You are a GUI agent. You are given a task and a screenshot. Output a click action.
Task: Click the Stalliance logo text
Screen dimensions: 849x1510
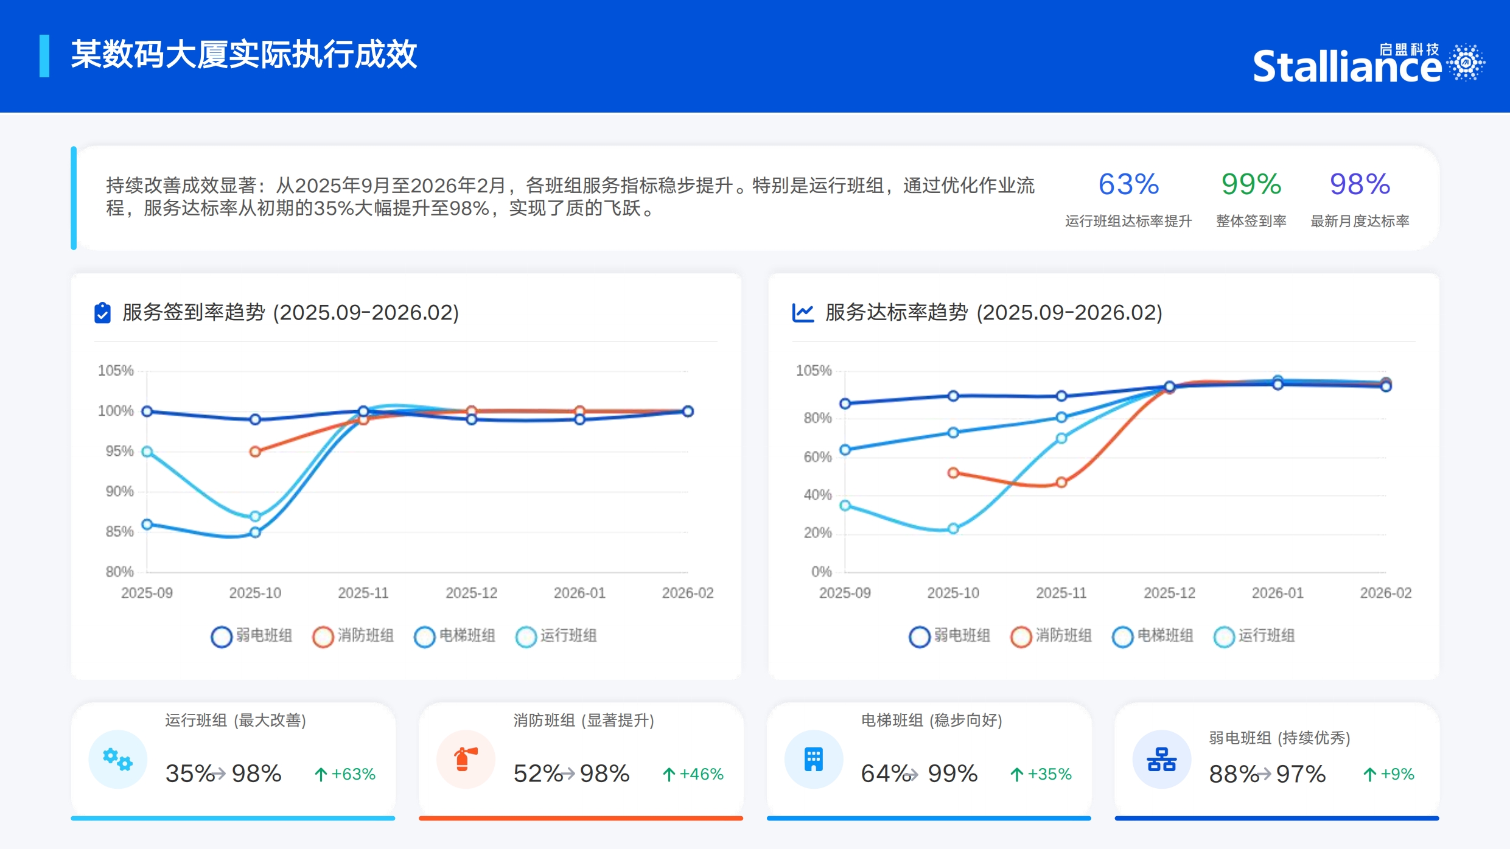1346,66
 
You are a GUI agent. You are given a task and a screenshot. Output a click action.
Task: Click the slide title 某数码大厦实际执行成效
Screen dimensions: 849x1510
243,55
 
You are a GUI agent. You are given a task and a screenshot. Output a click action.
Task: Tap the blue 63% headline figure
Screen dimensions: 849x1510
1128,184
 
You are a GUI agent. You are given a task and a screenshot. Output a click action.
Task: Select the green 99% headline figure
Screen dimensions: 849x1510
1251,184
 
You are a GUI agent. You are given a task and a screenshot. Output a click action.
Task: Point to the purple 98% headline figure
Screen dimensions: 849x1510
1360,184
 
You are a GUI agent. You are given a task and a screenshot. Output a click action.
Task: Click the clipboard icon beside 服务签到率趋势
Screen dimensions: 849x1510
102,313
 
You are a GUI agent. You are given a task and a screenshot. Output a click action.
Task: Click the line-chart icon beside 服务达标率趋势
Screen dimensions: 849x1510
803,313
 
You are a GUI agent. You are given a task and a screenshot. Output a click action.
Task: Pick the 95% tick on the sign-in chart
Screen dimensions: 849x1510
119,451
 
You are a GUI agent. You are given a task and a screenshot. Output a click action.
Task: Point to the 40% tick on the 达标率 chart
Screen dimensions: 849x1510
817,495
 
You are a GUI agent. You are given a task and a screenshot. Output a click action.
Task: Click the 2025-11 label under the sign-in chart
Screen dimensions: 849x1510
363,593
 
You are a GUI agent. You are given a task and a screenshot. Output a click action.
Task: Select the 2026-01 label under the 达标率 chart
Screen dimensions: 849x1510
1278,593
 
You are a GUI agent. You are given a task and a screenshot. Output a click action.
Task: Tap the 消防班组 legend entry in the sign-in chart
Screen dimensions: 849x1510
353,636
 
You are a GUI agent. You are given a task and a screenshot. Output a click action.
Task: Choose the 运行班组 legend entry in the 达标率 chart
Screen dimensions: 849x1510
1254,636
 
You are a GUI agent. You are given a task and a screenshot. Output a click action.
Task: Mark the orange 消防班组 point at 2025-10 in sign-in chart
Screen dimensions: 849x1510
256,452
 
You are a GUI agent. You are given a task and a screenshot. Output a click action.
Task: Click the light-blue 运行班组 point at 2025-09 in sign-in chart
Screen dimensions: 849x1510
147,452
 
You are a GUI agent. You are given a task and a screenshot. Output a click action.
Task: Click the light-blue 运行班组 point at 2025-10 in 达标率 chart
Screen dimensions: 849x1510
953,528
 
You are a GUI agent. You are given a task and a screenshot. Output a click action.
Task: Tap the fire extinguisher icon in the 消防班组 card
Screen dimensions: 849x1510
466,759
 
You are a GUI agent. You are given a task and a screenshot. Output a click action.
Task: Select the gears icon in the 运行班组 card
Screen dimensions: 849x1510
117,759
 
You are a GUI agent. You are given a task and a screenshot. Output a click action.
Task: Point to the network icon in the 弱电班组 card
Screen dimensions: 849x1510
1161,759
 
